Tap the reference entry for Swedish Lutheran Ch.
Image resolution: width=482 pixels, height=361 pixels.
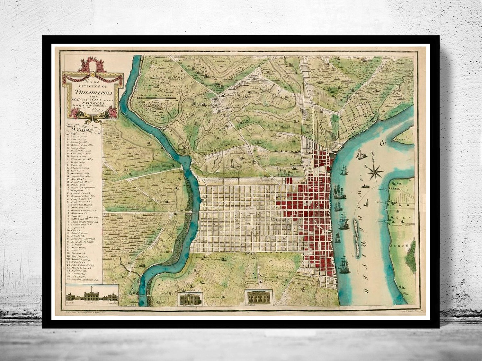coord(84,279)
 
